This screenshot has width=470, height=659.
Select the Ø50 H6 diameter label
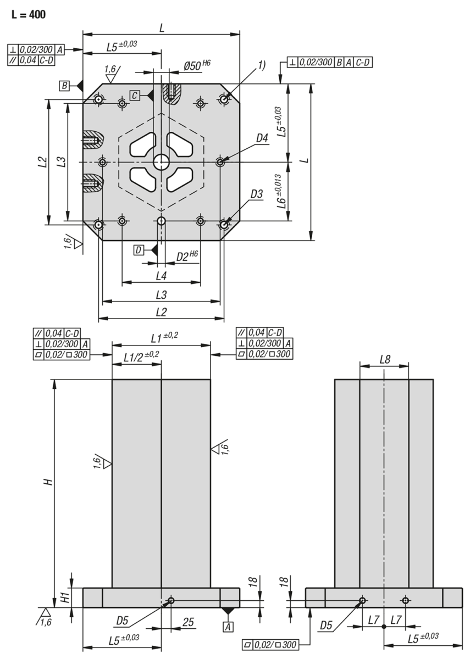(197, 65)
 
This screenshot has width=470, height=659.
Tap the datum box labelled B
(65, 85)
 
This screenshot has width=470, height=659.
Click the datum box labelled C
(135, 94)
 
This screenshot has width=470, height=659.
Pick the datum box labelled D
(140, 250)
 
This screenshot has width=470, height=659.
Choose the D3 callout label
(257, 194)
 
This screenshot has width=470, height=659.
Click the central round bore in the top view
(161, 161)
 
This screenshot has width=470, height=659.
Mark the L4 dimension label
(161, 274)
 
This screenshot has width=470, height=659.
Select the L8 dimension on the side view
(384, 359)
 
